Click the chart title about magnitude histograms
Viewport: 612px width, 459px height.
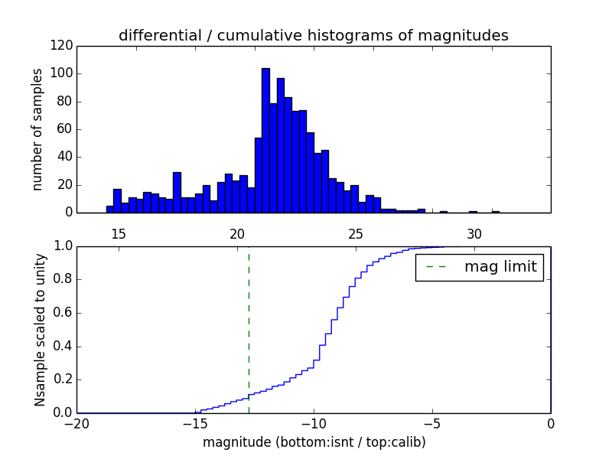click(313, 36)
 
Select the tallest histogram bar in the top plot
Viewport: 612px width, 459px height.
click(265, 141)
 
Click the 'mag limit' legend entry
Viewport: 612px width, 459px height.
click(480, 267)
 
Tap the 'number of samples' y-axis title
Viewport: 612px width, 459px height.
click(37, 129)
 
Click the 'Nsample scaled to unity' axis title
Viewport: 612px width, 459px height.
click(40, 329)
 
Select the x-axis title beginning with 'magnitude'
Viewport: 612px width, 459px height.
click(314, 442)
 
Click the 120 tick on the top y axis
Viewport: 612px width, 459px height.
click(63, 46)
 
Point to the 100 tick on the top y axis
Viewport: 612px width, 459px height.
click(63, 74)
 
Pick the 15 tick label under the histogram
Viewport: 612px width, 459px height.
click(119, 234)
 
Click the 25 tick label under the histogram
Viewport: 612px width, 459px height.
click(356, 234)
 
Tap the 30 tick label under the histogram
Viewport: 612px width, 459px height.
click(474, 234)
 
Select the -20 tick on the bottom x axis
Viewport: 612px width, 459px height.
click(76, 425)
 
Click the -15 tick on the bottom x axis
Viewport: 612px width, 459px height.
click(195, 425)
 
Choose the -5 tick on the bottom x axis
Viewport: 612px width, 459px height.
click(432, 425)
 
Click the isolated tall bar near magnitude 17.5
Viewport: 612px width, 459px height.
click(177, 193)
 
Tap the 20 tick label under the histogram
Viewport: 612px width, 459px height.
click(237, 234)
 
